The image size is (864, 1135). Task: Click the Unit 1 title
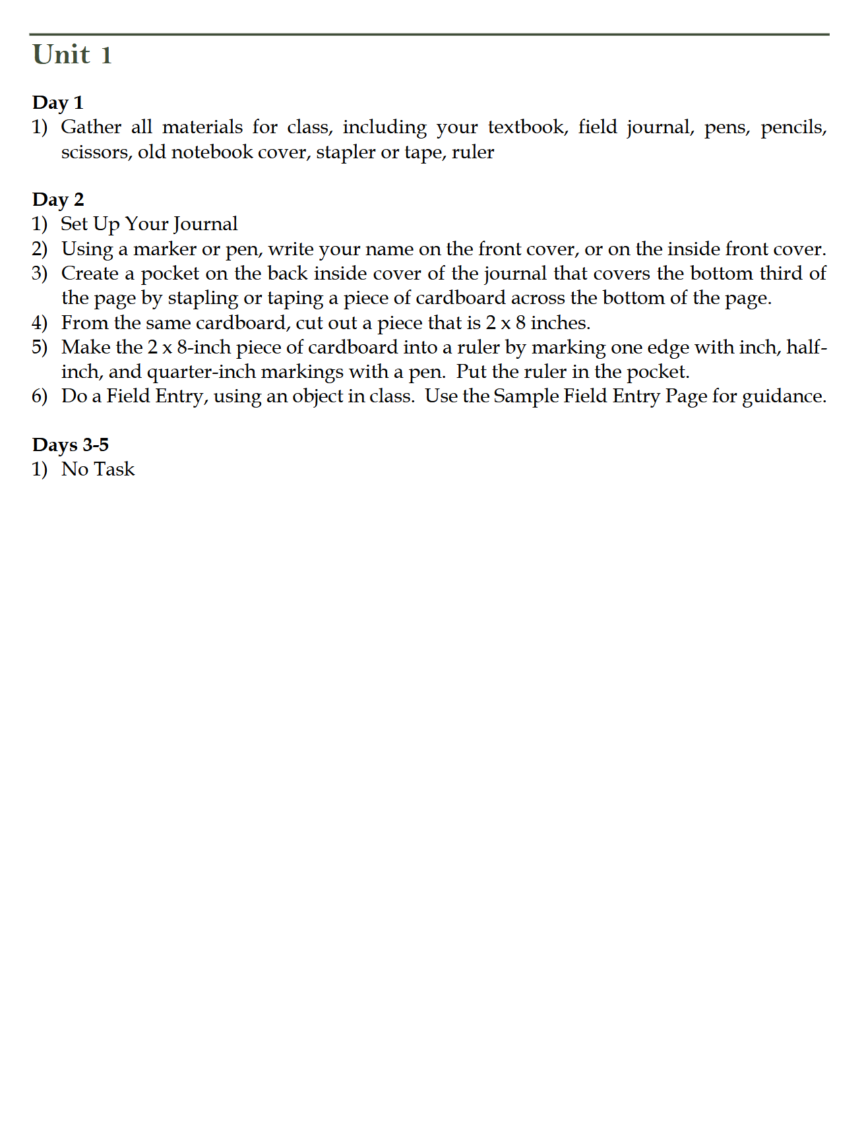pyautogui.click(x=73, y=55)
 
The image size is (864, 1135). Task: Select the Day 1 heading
pyautogui.click(x=57, y=103)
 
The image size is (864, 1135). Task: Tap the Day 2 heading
pyautogui.click(x=58, y=200)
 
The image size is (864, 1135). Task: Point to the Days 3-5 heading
pyautogui.click(x=70, y=445)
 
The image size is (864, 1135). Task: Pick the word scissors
pyautogui.click(x=94, y=152)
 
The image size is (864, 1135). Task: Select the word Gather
pyautogui.click(x=91, y=127)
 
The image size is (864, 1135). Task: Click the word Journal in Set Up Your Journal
pyautogui.click(x=205, y=224)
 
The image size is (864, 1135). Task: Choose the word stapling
pyautogui.click(x=202, y=298)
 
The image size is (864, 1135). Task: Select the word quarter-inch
pyautogui.click(x=201, y=372)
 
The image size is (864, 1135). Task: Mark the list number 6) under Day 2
pyautogui.click(x=40, y=396)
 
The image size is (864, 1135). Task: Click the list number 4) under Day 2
pyautogui.click(x=40, y=322)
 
